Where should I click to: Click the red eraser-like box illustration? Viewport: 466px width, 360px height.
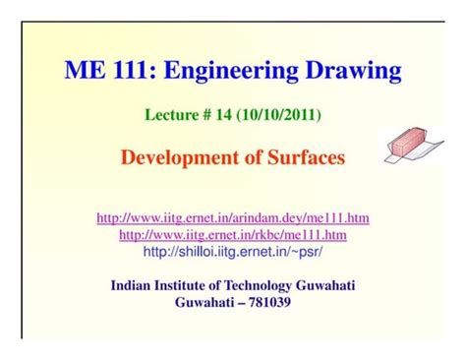[x=408, y=144]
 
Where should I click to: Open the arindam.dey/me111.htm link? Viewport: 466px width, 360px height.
[x=233, y=217]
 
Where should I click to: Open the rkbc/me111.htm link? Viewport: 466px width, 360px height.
[x=233, y=235]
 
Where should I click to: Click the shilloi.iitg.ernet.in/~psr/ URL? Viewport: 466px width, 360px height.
[x=233, y=252]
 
